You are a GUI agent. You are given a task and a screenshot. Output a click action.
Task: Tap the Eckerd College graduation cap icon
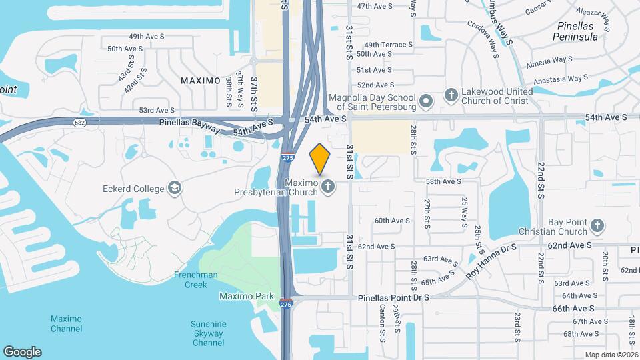[175, 188]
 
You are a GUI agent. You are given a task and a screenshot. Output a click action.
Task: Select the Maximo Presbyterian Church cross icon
[327, 187]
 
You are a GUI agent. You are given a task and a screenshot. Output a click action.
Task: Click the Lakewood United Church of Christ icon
[451, 95]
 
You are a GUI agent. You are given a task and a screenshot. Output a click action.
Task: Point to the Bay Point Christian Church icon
[597, 226]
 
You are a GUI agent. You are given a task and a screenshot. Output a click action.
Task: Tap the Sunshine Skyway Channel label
[209, 333]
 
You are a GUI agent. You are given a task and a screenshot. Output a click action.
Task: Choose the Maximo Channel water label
[67, 323]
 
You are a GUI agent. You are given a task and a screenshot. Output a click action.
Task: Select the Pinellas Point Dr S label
[393, 298]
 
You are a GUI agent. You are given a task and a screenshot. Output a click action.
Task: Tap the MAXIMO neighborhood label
[201, 81]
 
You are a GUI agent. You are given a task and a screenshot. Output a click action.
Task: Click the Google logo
[22, 351]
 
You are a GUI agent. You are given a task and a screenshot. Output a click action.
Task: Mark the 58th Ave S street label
[444, 181]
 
